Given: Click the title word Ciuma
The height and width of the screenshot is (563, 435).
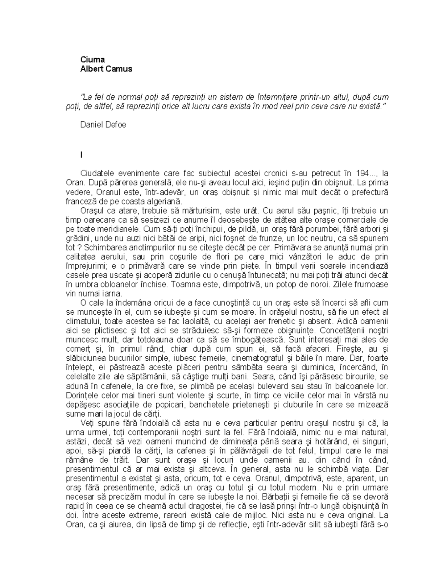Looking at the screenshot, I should pos(92,59).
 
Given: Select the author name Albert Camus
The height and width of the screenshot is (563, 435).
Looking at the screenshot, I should pos(106,69).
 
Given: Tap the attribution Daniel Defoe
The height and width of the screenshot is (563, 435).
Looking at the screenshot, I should pos(103,125).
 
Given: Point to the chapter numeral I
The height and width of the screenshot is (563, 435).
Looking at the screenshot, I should pos(82,155).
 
